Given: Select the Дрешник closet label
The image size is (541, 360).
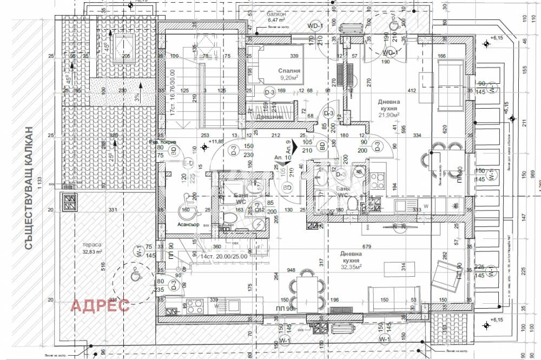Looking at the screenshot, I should [x=270, y=116].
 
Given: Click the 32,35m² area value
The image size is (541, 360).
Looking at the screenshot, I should [x=351, y=267].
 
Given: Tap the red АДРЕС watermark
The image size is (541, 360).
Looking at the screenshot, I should [x=101, y=305].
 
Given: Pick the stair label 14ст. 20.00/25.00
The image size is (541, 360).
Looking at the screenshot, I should [x=224, y=256].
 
